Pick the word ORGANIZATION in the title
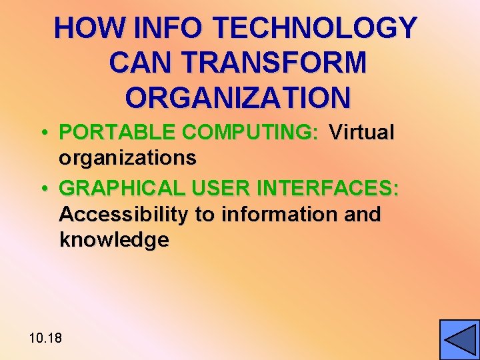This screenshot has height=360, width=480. tap(237, 97)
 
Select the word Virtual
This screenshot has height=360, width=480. tap(362, 133)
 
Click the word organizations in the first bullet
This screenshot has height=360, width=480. tap(127, 158)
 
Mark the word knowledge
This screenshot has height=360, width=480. tap(114, 240)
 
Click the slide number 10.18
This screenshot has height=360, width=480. tap(45, 338)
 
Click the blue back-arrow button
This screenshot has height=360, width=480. tap(459, 340)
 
